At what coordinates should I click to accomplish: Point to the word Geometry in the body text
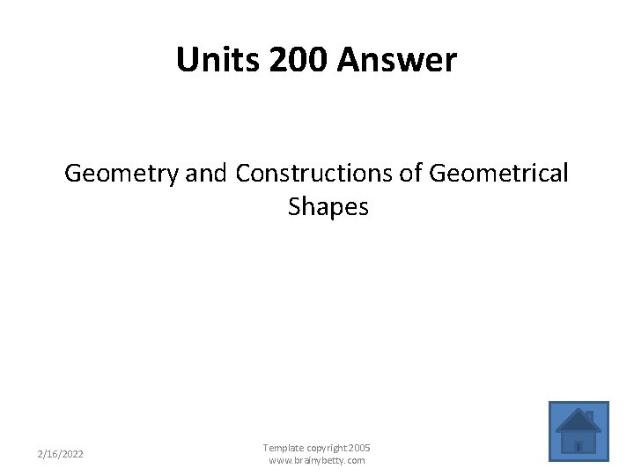122,174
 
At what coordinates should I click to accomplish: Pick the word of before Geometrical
411,174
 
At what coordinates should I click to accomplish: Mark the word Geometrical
498,174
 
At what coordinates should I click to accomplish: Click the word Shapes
328,207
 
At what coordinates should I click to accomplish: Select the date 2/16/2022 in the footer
61,454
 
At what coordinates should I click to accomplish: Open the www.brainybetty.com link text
317,460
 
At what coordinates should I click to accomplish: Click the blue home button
579,432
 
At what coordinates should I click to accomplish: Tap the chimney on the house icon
589,415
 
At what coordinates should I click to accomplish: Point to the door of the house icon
579,447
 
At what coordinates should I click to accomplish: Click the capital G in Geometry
73,174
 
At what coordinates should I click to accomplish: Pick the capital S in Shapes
294,207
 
